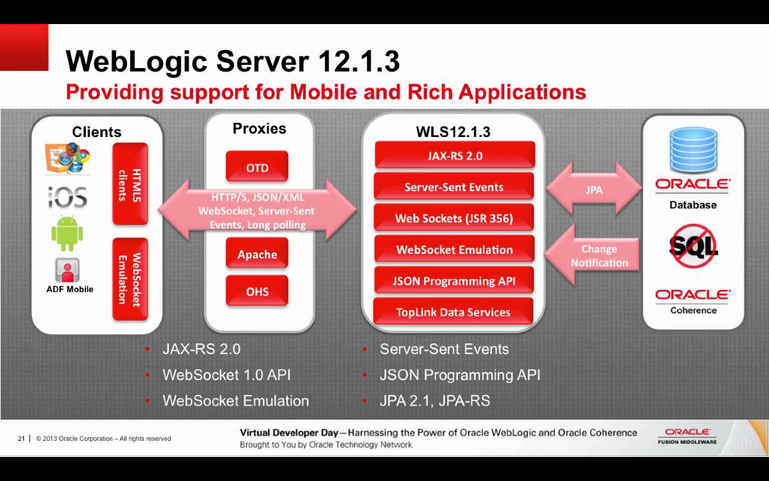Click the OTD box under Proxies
(257, 166)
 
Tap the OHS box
(257, 291)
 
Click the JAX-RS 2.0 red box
(455, 155)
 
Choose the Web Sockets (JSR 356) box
(454, 217)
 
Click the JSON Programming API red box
(454, 281)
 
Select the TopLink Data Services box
(453, 311)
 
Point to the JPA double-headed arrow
(594, 189)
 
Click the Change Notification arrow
(592, 255)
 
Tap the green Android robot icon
(67, 232)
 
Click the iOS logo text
(67, 197)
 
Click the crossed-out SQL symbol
(692, 245)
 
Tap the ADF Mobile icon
(67, 269)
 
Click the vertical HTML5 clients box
(130, 184)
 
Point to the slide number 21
(21, 438)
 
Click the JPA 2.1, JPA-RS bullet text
(435, 401)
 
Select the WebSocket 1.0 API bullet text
(226, 375)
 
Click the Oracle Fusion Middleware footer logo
(687, 436)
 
